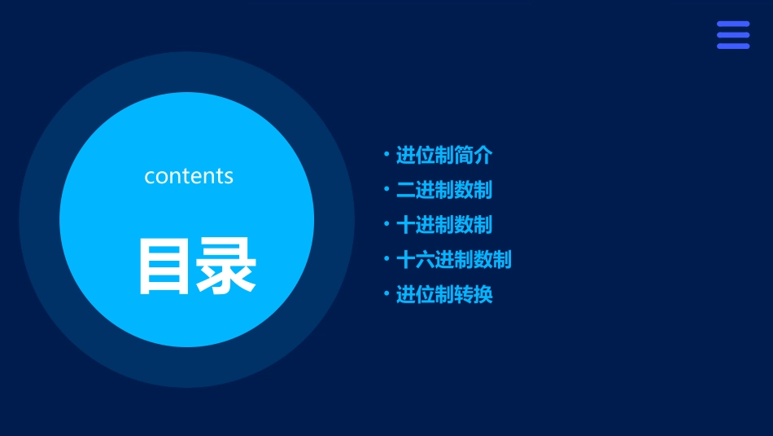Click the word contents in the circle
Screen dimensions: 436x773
[x=189, y=176]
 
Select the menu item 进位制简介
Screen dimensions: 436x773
[x=443, y=155]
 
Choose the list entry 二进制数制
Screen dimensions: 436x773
[x=443, y=190]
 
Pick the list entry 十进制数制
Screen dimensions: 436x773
[x=443, y=225]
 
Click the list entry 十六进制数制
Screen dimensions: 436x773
[x=453, y=260]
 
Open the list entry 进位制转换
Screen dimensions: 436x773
[x=443, y=294]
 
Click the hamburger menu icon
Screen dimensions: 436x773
[x=733, y=35]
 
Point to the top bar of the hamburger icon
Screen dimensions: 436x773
[x=733, y=24]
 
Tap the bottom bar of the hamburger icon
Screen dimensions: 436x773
[x=733, y=46]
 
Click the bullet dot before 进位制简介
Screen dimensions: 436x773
[x=386, y=154]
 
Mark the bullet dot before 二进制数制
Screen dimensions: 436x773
[x=386, y=189]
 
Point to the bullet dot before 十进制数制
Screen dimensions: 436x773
[x=386, y=224]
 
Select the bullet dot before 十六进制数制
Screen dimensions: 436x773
[x=386, y=259]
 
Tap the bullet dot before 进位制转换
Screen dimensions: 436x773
[x=386, y=293]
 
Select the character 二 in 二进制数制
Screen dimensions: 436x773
[x=405, y=190]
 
